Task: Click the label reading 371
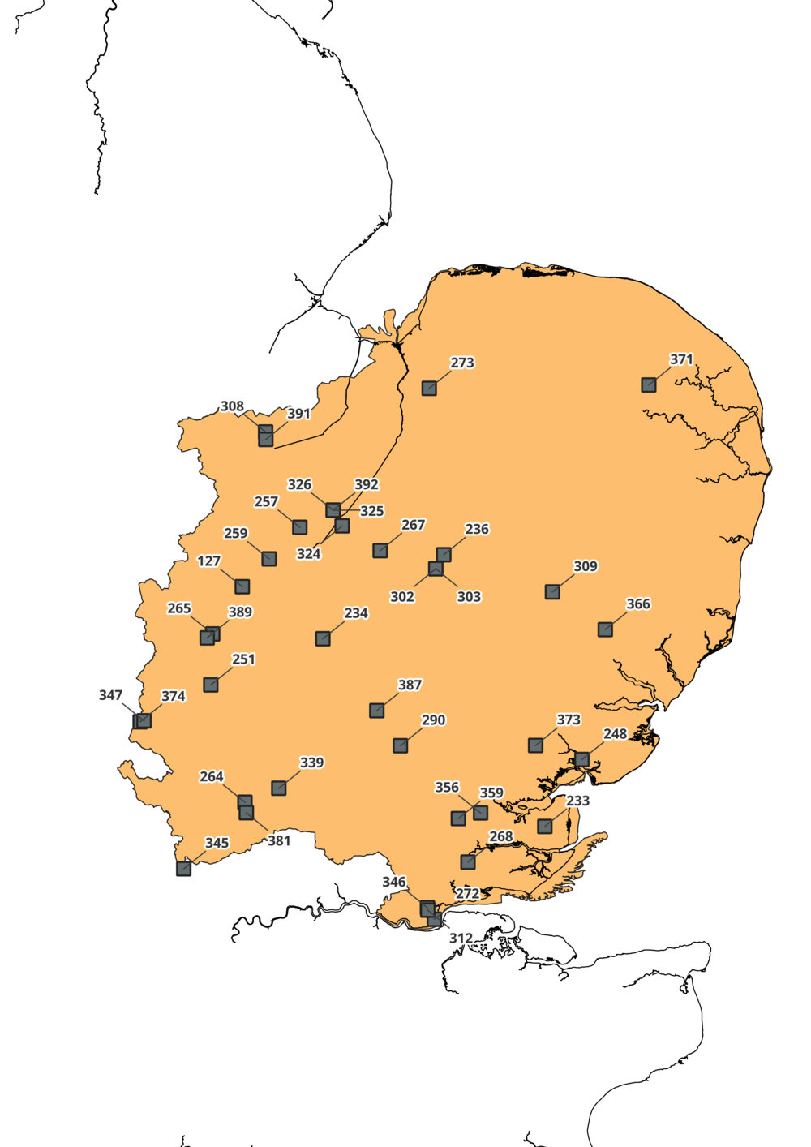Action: click(x=681, y=359)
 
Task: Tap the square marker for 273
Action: click(x=429, y=389)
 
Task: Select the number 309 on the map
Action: click(x=585, y=566)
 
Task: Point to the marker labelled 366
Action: click(x=605, y=629)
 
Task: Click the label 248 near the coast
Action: click(x=615, y=734)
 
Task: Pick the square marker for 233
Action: click(x=545, y=827)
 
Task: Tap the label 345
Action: click(x=217, y=843)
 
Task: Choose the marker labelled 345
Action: click(x=184, y=869)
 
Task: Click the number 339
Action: click(x=311, y=763)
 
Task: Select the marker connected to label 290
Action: click(x=401, y=745)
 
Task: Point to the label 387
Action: click(x=410, y=685)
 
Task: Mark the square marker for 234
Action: click(x=323, y=639)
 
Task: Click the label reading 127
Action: click(x=208, y=561)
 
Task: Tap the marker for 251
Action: click(x=211, y=685)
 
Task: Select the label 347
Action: click(x=110, y=695)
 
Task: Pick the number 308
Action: click(x=232, y=406)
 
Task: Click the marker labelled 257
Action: click(x=300, y=528)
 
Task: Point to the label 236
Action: click(x=477, y=529)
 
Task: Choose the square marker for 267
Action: click(x=380, y=551)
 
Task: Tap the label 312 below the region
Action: click(x=461, y=939)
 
